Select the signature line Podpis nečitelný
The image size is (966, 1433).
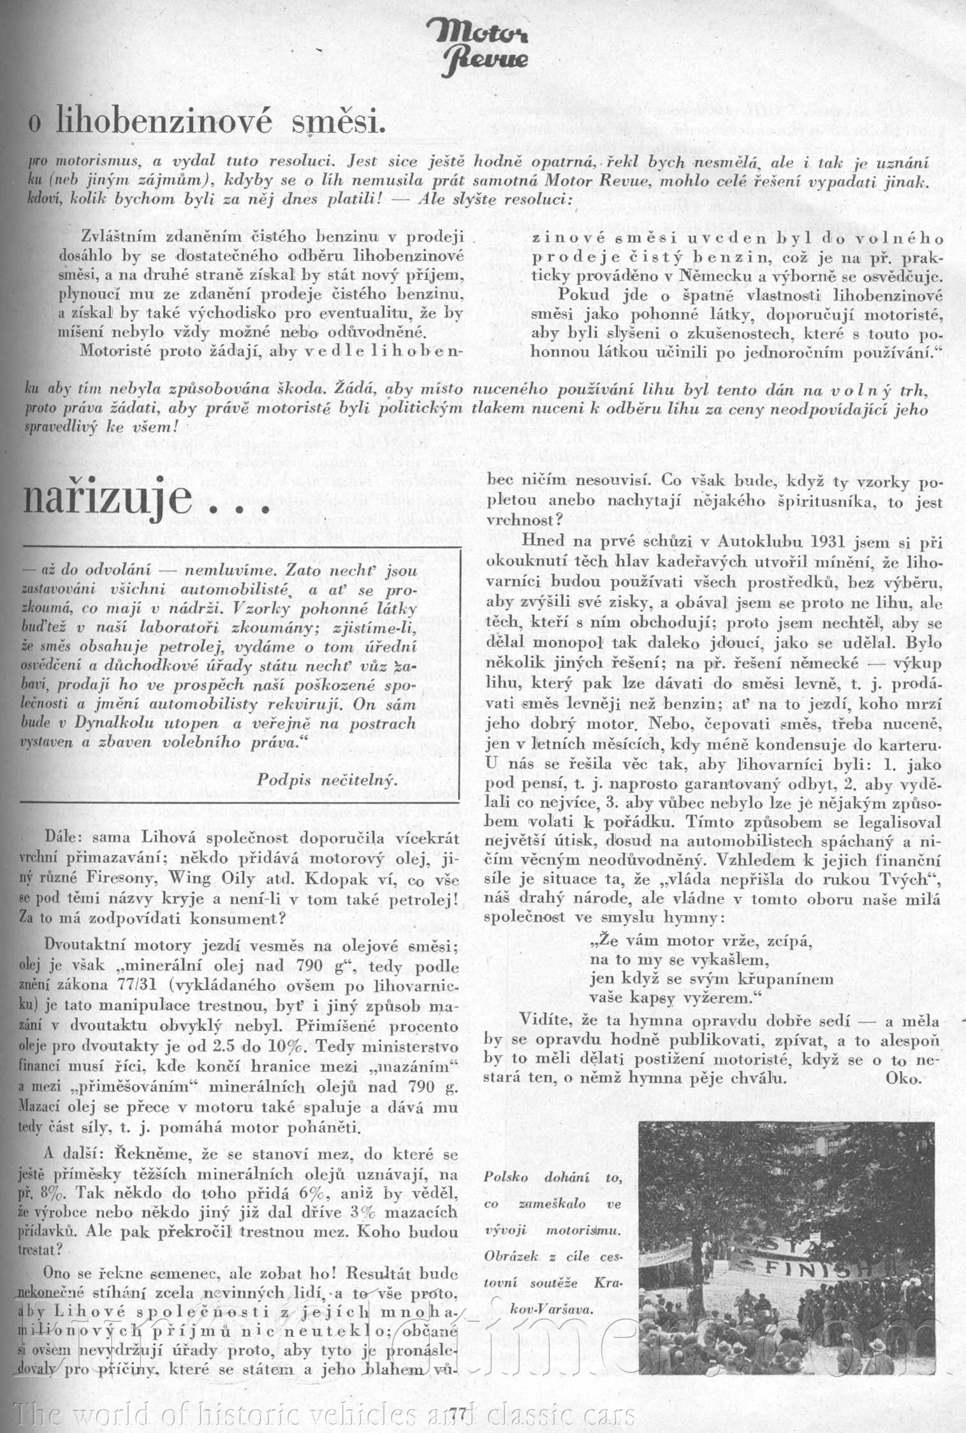(x=327, y=779)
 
